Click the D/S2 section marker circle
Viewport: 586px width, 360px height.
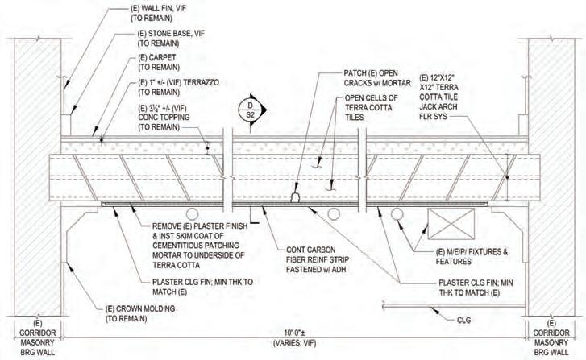pos(250,110)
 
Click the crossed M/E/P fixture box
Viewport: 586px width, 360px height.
pos(447,221)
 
